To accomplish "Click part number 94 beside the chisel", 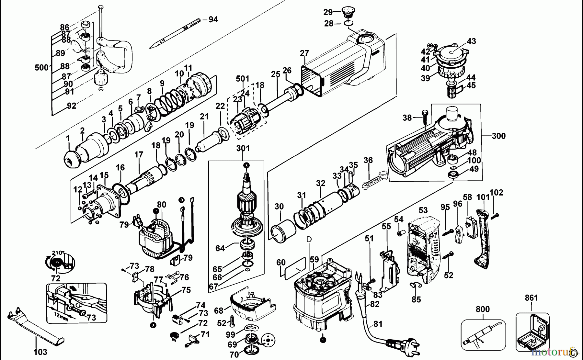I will point(213,19).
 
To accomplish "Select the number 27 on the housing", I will point(304,53).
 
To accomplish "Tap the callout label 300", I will point(498,136).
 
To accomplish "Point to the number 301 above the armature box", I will point(243,148).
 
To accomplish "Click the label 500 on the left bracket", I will point(41,68).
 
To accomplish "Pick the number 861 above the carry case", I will point(531,298).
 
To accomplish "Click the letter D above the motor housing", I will point(309,239).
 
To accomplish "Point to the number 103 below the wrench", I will point(40,352).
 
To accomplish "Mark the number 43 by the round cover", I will point(471,41).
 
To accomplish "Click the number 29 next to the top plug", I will point(328,12).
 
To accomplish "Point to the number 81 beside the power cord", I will point(378,323).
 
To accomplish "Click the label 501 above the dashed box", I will point(243,79).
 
